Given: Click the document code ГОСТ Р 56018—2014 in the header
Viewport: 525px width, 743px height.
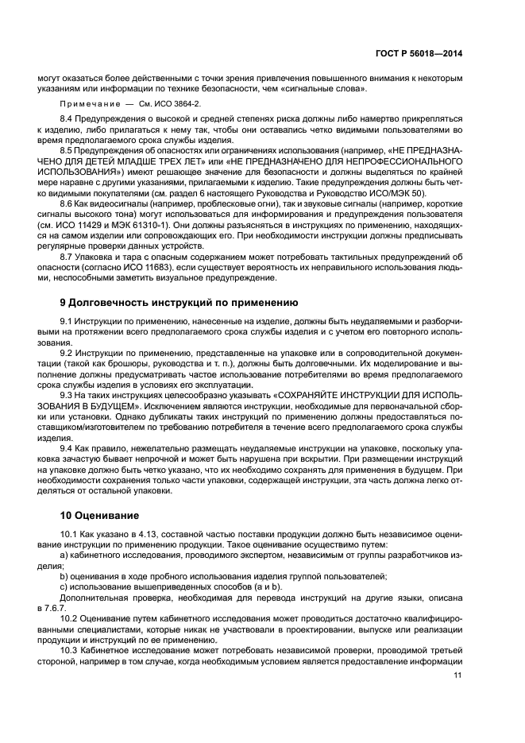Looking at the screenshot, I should click(x=419, y=53).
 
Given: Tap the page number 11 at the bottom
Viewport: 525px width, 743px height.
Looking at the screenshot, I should click(x=457, y=675).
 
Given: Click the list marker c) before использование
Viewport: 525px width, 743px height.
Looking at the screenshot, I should click(x=64, y=586).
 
